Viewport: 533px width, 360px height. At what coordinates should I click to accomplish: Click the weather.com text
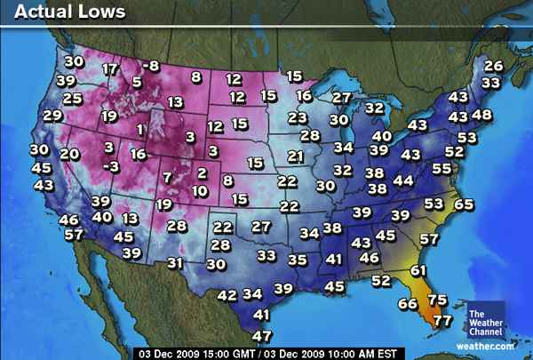(485, 345)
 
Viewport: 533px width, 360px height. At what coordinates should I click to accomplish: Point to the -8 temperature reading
(151, 66)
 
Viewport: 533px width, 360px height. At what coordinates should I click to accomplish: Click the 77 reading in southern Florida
(442, 320)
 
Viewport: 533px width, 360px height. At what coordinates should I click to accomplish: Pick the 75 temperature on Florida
(437, 300)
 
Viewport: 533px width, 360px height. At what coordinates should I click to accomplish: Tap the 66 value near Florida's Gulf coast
(408, 304)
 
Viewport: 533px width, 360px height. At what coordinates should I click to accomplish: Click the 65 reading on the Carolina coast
(464, 204)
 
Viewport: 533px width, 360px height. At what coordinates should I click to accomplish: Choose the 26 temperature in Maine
(493, 66)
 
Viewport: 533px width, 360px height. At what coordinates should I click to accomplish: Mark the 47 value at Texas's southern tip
(261, 335)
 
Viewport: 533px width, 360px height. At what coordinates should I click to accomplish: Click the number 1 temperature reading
(140, 130)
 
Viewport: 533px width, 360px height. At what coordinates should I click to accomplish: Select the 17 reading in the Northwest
(111, 69)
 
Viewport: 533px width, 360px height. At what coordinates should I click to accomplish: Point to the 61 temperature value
(418, 270)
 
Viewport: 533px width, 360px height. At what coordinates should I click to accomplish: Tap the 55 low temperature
(442, 168)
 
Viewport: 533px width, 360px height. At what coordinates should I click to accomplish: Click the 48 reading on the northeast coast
(481, 115)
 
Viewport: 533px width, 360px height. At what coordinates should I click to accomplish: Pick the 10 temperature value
(200, 190)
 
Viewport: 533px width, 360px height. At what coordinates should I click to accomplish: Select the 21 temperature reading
(296, 156)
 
